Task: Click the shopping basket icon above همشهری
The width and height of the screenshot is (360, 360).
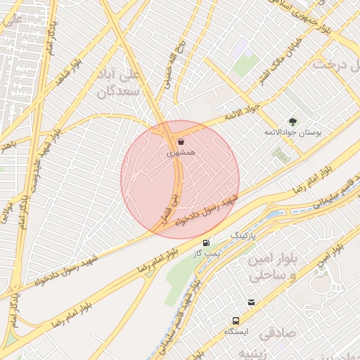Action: (181, 141)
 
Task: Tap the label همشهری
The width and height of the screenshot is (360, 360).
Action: (181, 152)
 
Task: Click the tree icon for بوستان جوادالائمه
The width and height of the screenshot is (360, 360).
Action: (293, 122)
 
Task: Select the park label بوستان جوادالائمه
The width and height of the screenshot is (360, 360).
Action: (287, 133)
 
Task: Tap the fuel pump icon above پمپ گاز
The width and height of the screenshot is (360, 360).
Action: (206, 243)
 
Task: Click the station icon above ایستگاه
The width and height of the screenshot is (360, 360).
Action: (251, 303)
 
